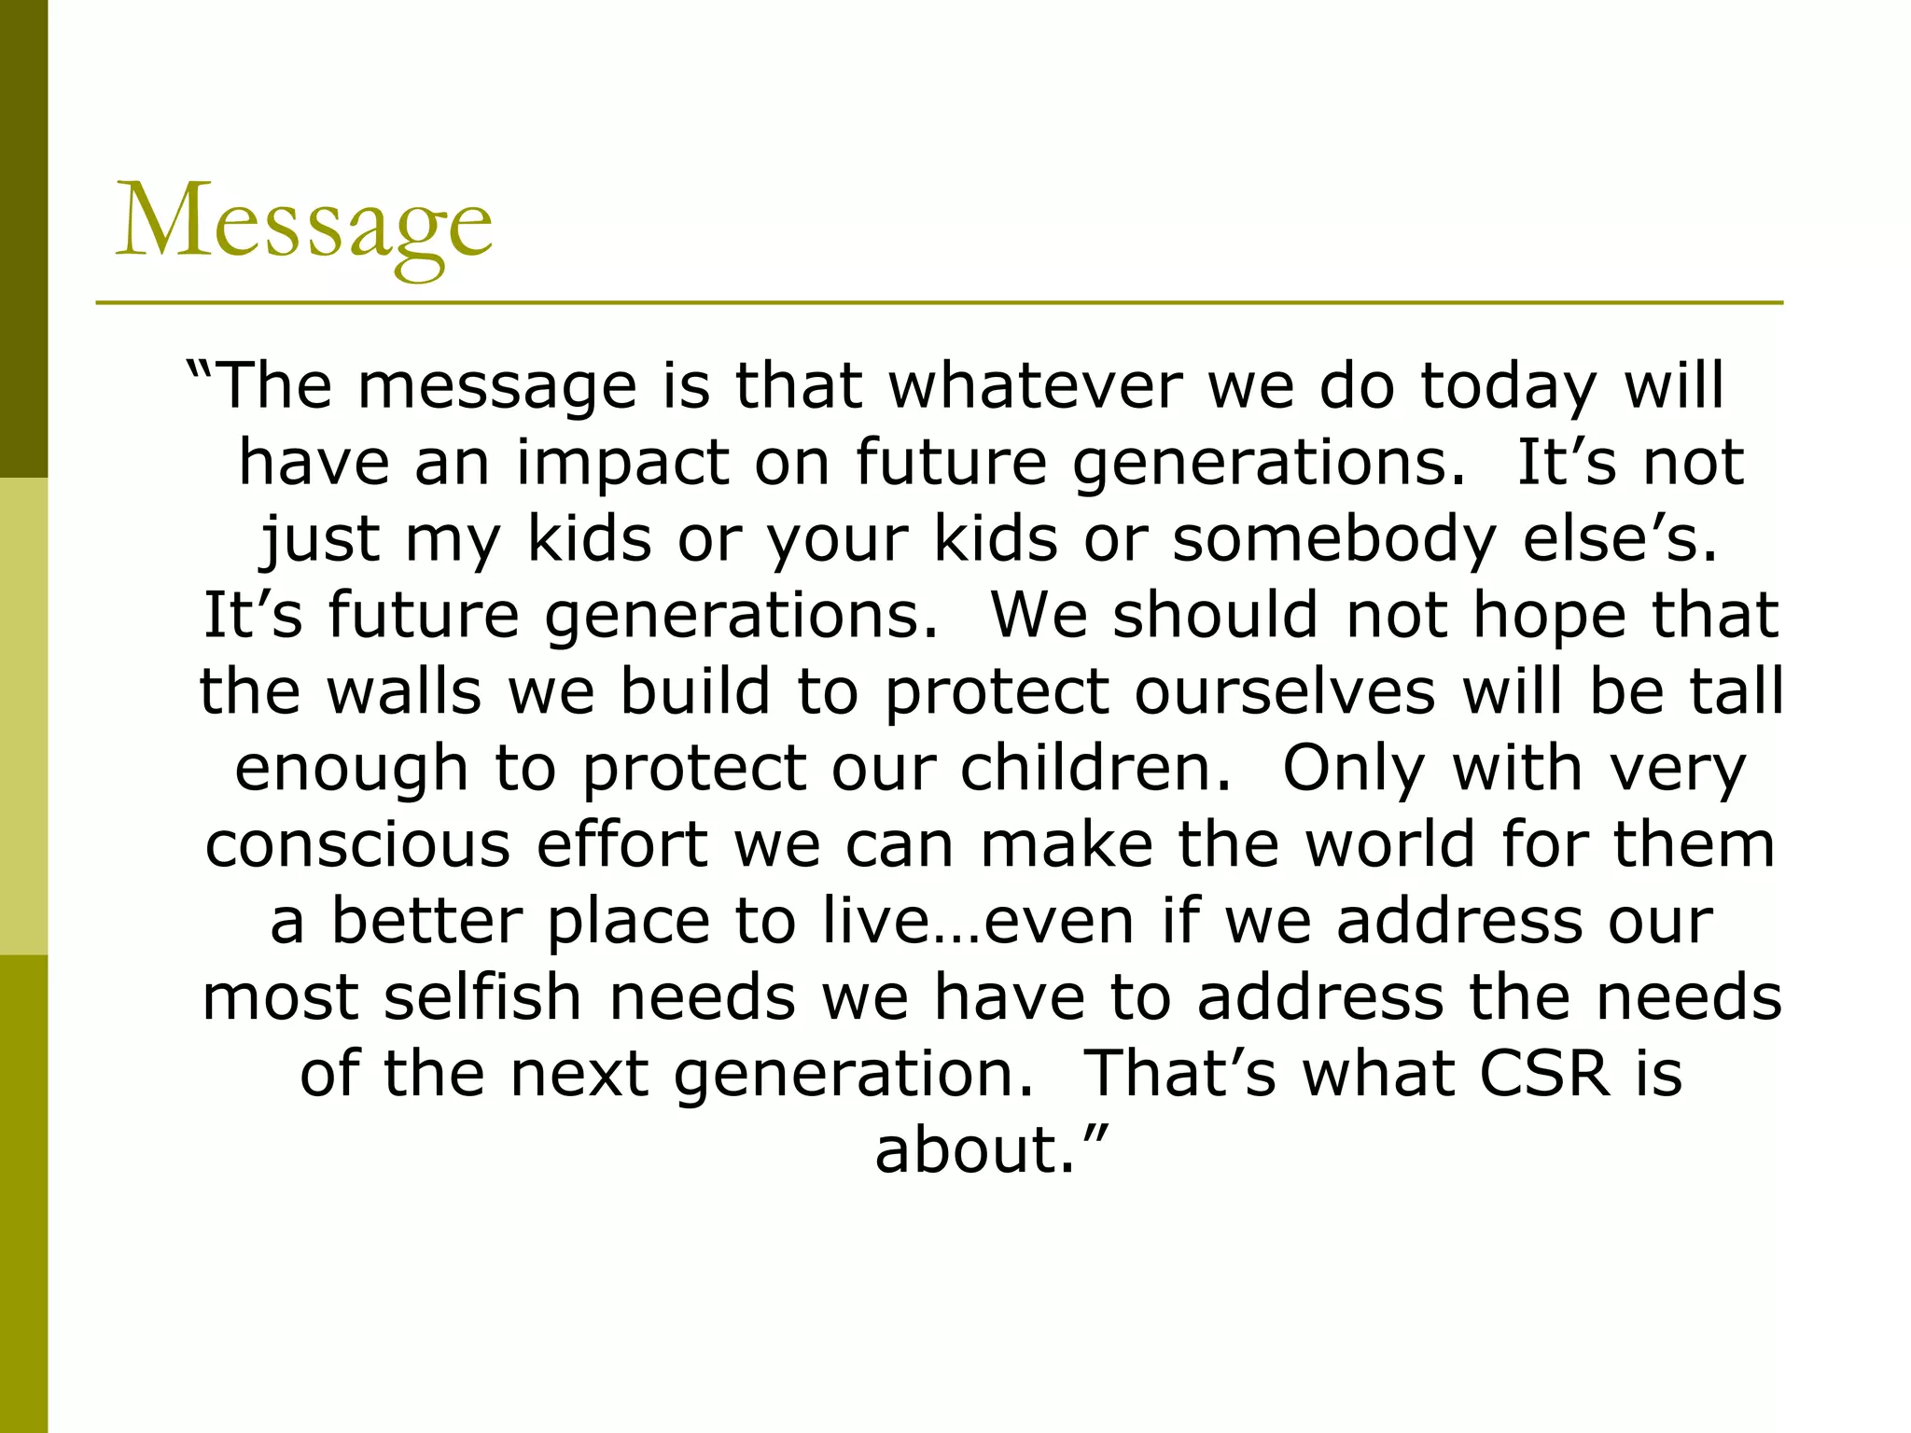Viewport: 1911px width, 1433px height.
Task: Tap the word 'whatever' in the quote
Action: (x=1035, y=385)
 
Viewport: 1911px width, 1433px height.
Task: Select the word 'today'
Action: (x=1508, y=385)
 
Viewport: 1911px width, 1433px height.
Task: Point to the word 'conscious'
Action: (x=357, y=844)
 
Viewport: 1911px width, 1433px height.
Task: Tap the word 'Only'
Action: (x=1354, y=768)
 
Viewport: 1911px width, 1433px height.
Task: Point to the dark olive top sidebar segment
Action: (x=23, y=238)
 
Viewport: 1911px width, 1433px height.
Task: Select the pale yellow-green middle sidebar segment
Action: (x=23, y=716)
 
